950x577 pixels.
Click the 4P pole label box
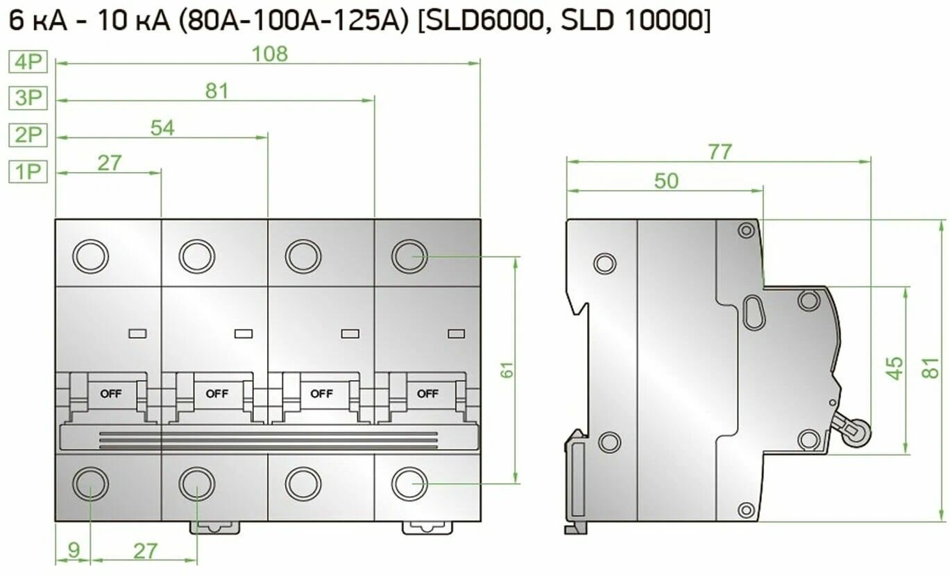[28, 62]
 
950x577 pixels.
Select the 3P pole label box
[28, 98]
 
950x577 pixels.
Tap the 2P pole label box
[28, 135]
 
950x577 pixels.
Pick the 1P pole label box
[28, 171]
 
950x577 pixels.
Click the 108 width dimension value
[269, 54]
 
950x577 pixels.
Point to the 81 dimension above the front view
[217, 90]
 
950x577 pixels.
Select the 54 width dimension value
[162, 127]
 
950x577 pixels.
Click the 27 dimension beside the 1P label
[109, 163]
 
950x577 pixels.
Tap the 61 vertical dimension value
[509, 370]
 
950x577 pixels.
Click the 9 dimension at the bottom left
[73, 551]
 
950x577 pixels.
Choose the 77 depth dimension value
[719, 152]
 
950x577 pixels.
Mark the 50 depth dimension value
[665, 180]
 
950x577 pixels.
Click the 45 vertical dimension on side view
[896, 368]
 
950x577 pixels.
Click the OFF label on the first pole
[111, 394]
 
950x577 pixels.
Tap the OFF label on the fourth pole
[427, 394]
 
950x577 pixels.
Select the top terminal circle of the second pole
[197, 257]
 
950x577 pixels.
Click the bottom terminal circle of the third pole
[303, 484]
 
